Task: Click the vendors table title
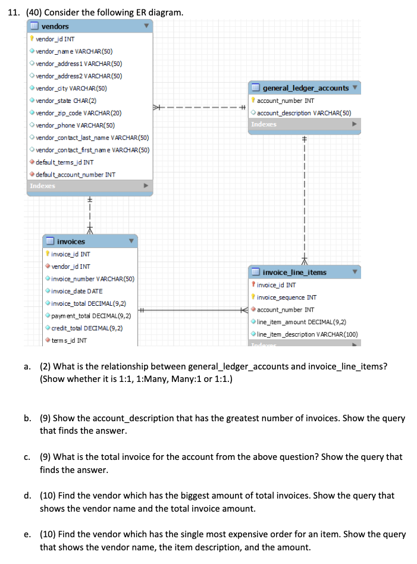tap(55, 26)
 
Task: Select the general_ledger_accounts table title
tap(306, 88)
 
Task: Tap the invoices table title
tap(71, 242)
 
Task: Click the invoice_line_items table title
tap(294, 272)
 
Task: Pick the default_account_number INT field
tap(76, 174)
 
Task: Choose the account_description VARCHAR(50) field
tap(303, 113)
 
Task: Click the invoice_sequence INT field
tap(287, 297)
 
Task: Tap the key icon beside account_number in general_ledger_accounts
tap(253, 101)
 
